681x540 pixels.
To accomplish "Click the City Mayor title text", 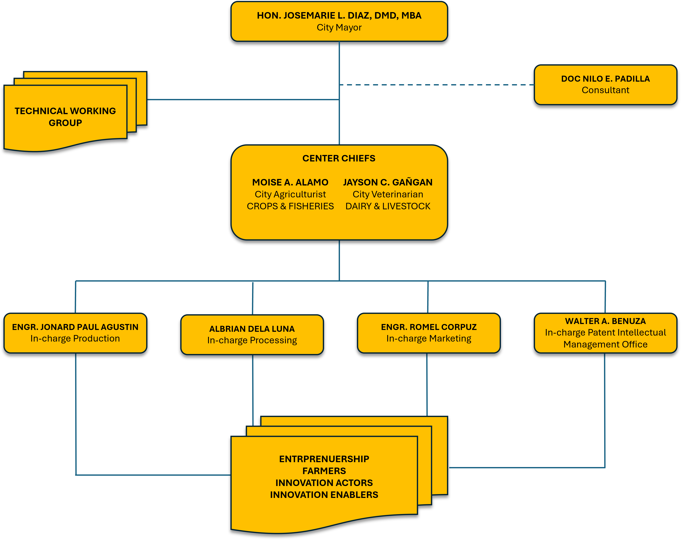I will (339, 27).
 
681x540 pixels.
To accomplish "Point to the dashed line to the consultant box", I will (436, 85).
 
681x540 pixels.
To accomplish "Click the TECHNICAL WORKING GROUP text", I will (65, 117).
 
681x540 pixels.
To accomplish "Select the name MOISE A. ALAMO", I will (290, 182).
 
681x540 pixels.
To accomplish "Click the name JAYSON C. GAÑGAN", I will (388, 182).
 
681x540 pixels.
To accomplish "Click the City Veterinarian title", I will (388, 195).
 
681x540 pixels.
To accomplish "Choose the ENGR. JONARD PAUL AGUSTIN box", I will (75, 333).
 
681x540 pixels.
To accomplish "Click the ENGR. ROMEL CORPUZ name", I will (429, 327).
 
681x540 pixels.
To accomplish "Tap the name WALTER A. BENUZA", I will (605, 321).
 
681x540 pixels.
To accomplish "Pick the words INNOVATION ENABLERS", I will (324, 495).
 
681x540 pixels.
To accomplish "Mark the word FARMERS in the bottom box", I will (324, 471).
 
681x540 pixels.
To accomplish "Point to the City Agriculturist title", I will (290, 195).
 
